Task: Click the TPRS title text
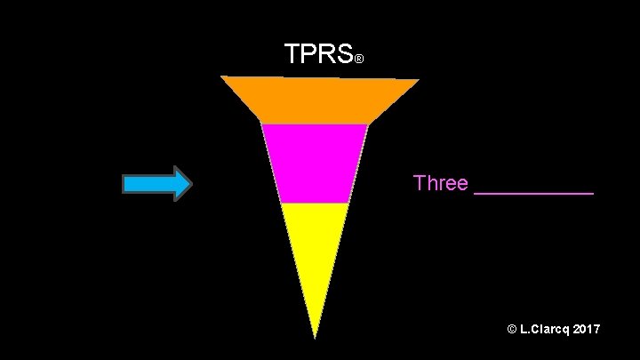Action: [318, 54]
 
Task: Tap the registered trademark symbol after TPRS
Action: [358, 60]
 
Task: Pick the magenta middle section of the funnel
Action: [315, 164]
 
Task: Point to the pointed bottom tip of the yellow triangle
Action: [315, 337]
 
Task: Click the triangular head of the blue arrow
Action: [181, 184]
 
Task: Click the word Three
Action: [440, 183]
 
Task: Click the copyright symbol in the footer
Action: [512, 330]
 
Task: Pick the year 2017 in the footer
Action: [587, 330]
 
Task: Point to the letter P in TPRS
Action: [310, 54]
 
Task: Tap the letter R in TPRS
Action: [326, 54]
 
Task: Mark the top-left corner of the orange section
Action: [221, 76]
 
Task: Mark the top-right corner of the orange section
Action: [419, 80]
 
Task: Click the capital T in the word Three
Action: [420, 183]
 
